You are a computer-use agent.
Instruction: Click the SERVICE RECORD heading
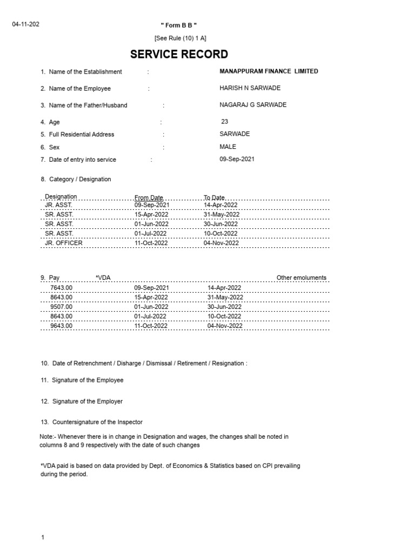[179, 54]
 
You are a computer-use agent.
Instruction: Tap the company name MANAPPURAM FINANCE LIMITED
[269, 71]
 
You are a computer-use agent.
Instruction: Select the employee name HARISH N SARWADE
[250, 88]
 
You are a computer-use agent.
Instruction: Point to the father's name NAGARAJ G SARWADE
[253, 105]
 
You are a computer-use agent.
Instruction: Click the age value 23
[225, 122]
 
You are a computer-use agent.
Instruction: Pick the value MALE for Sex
[227, 147]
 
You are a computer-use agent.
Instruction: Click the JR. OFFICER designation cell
[64, 243]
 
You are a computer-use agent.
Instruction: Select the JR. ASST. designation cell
[58, 206]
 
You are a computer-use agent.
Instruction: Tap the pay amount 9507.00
[61, 307]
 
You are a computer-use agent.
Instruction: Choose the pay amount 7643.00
[61, 288]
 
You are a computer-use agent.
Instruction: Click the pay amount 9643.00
[61, 326]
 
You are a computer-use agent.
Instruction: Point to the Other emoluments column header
[301, 278]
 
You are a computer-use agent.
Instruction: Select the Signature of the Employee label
[88, 380]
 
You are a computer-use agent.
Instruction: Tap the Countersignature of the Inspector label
[97, 422]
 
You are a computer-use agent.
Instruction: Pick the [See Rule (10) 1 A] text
[180, 38]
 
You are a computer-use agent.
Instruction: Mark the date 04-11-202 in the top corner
[26, 24]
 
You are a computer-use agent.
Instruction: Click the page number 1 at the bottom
[42, 538]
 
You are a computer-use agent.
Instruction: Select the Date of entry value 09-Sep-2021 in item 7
[237, 160]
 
